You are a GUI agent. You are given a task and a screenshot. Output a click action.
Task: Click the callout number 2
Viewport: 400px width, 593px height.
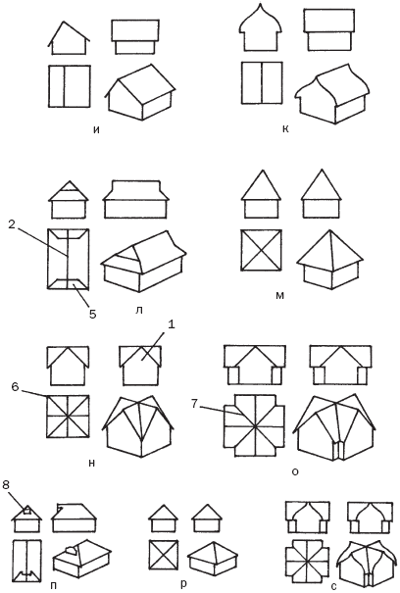pos(12,224)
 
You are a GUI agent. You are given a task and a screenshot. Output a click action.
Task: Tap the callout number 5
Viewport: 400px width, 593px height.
pos(93,313)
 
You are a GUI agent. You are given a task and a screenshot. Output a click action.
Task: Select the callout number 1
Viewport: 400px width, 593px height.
pos(171,324)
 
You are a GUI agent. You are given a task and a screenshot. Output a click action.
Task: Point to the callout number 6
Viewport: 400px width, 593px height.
pos(15,387)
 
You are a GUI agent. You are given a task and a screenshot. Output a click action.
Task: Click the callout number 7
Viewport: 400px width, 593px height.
pos(194,404)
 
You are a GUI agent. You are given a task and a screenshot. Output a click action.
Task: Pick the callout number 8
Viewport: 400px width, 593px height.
pos(6,484)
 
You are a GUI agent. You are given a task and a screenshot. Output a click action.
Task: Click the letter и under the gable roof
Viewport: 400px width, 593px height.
pos(96,129)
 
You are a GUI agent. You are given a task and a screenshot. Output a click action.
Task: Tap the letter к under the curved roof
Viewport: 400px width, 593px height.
pos(285,129)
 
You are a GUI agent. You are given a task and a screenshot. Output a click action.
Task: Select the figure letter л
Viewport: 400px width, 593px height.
pos(138,310)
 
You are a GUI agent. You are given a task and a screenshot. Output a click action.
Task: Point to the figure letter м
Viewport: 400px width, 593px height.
pos(279,295)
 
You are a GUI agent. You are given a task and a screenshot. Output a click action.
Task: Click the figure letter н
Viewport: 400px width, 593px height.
pos(91,463)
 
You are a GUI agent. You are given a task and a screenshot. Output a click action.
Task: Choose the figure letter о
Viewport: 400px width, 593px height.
pos(295,471)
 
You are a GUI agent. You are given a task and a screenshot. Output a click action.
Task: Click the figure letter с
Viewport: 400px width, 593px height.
pos(333,586)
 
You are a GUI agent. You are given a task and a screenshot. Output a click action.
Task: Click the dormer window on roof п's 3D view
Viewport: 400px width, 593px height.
pos(72,550)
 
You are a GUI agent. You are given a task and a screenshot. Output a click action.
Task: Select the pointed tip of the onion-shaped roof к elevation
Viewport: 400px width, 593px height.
pos(261,4)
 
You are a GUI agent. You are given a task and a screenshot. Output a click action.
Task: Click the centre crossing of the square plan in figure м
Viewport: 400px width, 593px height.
pos(261,250)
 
